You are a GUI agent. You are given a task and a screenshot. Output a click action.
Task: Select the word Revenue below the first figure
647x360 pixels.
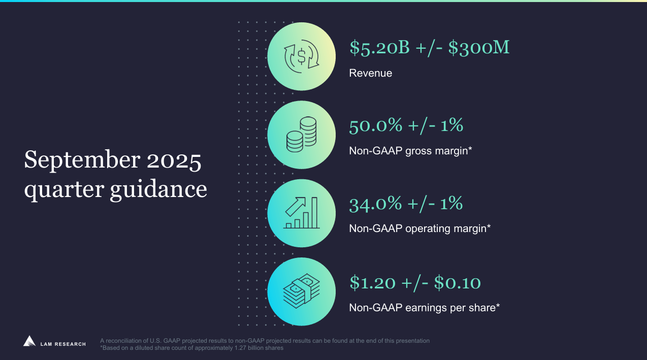370,73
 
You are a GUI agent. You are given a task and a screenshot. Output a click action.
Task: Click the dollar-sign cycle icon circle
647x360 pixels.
301,56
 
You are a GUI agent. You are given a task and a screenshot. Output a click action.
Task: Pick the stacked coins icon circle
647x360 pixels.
301,135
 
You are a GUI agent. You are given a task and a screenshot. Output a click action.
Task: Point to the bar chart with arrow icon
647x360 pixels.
301,213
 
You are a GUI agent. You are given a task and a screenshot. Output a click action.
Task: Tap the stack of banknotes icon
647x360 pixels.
301,291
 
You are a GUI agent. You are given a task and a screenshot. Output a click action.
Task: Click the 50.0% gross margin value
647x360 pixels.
375,125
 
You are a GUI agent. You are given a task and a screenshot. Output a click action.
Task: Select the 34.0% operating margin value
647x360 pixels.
375,204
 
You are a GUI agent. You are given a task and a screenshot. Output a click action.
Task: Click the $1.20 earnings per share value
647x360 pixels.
372,282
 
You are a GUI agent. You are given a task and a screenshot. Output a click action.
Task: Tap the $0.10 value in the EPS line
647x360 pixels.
457,282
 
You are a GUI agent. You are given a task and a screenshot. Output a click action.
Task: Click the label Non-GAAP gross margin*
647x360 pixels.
410,151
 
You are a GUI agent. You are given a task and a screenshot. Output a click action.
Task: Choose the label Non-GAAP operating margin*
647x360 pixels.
419,228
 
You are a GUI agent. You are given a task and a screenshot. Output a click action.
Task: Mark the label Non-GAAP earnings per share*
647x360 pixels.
425,307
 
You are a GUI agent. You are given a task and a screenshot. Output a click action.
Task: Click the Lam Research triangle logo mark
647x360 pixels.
29,341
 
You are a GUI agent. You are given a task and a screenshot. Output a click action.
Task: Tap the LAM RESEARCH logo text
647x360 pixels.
63,344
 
